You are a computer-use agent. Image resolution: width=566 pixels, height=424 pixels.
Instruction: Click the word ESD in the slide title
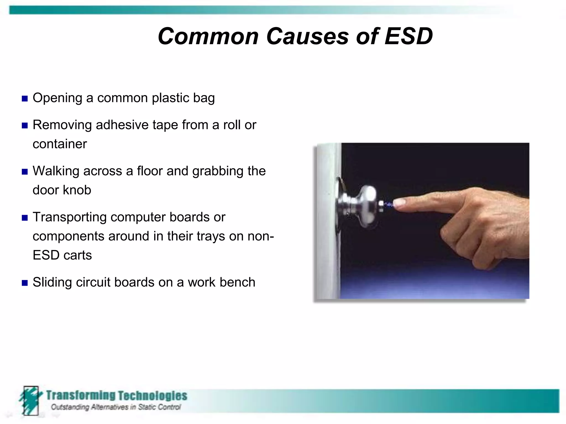408,36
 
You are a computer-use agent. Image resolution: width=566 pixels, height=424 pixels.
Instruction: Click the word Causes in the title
307,36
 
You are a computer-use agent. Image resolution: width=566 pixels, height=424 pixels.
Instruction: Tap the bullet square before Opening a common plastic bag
25,99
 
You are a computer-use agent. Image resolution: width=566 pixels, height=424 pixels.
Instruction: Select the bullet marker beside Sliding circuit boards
25,283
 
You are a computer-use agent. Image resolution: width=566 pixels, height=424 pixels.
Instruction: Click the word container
60,144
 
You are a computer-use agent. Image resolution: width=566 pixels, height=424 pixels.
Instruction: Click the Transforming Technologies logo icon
30,400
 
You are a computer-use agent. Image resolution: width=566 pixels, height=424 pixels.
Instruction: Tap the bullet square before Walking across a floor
25,172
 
